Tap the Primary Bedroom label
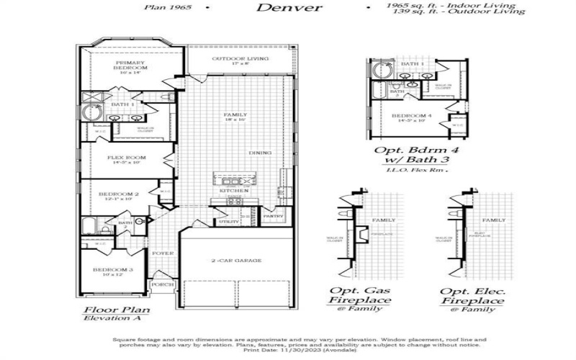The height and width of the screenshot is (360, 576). click(x=131, y=66)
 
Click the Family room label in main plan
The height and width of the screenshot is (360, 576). click(x=235, y=115)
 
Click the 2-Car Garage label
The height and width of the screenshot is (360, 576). click(x=236, y=261)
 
